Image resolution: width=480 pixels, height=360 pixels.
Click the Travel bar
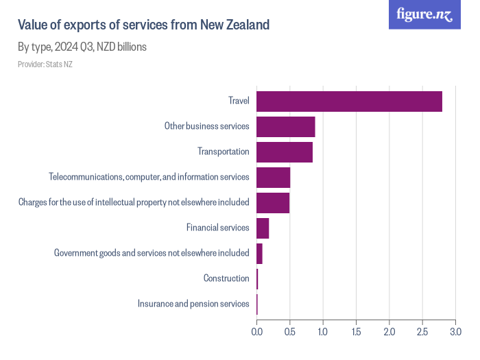[x=349, y=101]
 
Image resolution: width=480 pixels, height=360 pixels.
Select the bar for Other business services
[x=285, y=127]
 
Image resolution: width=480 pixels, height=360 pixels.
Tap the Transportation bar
[x=284, y=152]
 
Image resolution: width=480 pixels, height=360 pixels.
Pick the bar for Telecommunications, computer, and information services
[x=273, y=177]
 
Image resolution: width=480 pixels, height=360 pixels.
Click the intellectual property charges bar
[x=273, y=202]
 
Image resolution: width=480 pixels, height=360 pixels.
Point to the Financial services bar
[x=263, y=228]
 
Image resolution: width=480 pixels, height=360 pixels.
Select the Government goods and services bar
[x=259, y=253]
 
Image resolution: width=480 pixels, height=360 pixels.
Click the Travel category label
[x=239, y=101]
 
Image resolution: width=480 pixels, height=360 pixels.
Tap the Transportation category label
[x=223, y=152]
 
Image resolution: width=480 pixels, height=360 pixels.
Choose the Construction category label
[x=226, y=278]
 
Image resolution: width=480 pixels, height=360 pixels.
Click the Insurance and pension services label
[x=193, y=304]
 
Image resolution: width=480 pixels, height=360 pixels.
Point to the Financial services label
[x=217, y=228]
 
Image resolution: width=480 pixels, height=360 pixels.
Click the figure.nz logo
[x=424, y=14]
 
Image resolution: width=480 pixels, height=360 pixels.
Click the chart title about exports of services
[x=143, y=25]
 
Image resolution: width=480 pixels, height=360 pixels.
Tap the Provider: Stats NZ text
[x=45, y=64]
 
